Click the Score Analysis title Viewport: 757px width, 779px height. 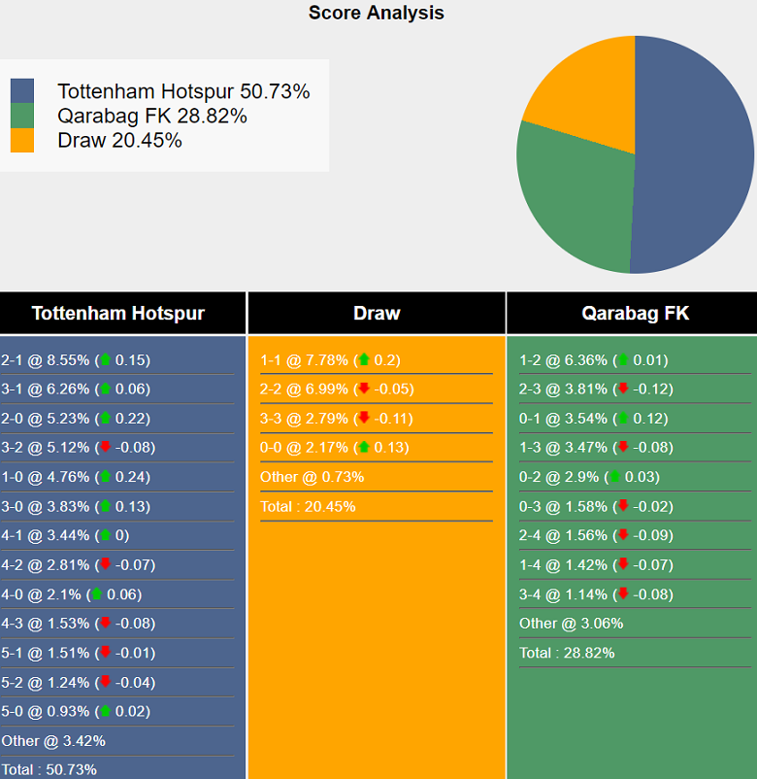click(377, 13)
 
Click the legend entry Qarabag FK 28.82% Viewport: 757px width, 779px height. click(152, 116)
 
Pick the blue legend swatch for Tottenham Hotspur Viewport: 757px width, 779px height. click(21, 91)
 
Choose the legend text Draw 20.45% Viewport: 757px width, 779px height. click(119, 140)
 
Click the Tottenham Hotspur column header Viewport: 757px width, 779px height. click(118, 314)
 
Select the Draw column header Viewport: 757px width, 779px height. click(377, 314)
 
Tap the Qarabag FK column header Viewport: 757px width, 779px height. click(635, 314)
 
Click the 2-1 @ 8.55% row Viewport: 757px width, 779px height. click(76, 360)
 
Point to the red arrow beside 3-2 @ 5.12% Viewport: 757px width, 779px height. click(105, 448)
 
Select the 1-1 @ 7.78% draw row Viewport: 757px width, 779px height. click(330, 360)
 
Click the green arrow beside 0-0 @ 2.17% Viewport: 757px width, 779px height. click(364, 448)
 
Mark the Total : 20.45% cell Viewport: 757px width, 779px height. click(308, 506)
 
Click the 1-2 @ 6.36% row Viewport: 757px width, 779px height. click(593, 360)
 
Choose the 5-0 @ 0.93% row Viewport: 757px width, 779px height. click(76, 711)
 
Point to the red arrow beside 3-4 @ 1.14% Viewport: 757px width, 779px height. click(623, 594)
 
